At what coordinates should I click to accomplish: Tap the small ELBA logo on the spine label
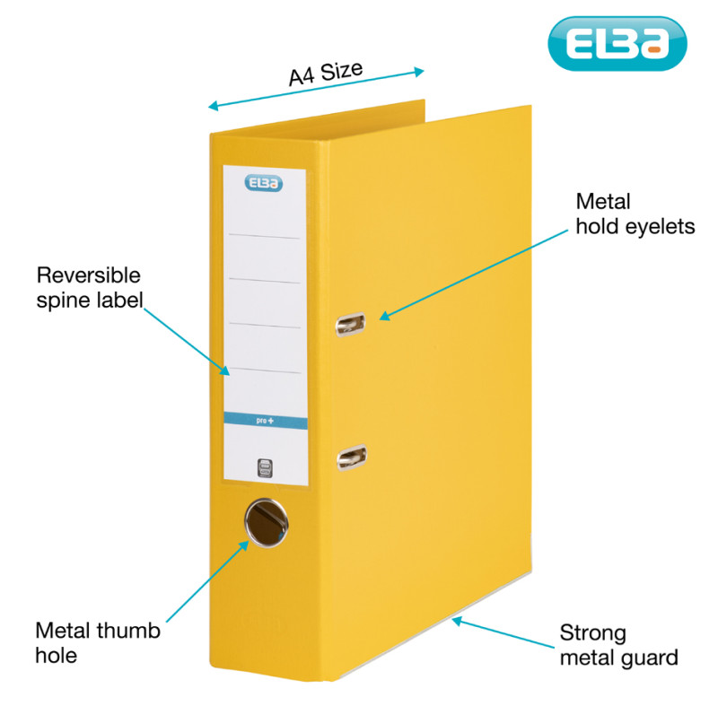click(x=264, y=184)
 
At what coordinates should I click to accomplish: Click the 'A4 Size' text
click(x=324, y=72)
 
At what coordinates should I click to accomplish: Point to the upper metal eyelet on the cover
click(x=351, y=323)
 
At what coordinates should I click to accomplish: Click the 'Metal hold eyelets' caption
click(x=635, y=214)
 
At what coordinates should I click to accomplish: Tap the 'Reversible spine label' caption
click(x=89, y=287)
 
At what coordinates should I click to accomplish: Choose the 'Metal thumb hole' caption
click(x=97, y=642)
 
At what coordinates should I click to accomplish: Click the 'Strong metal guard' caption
click(x=618, y=645)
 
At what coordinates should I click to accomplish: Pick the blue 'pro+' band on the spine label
click(x=265, y=419)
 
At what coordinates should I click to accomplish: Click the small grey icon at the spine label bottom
click(x=265, y=466)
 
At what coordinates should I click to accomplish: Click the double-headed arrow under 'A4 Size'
click(x=316, y=89)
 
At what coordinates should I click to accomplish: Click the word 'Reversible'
click(x=89, y=275)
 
